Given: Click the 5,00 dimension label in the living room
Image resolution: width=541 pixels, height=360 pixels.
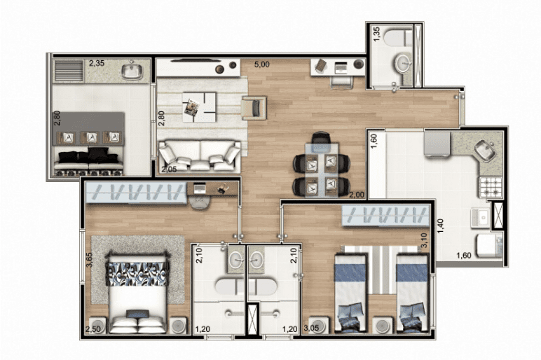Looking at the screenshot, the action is tap(262, 64).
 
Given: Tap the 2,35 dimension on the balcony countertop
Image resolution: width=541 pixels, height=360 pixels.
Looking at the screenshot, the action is tap(97, 63).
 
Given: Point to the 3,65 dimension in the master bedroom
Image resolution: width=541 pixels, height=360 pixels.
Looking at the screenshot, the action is tap(89, 260).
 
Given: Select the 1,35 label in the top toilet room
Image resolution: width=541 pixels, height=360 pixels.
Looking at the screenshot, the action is tap(376, 34).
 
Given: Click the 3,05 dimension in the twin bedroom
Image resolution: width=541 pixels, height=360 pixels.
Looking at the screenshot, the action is tap(312, 328).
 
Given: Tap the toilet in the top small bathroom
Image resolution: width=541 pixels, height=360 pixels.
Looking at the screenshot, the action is tap(398, 38).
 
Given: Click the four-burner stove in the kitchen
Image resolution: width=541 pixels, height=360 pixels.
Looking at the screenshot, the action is tap(491, 187).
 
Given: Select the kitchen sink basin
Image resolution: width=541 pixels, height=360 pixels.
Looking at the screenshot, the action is tap(485, 151).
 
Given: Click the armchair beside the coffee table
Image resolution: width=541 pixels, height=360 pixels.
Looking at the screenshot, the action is tap(254, 108).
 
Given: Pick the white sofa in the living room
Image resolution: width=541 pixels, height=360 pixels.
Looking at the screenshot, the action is tap(200, 155).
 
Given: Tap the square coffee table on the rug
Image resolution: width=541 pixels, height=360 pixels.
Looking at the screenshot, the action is tap(200, 107).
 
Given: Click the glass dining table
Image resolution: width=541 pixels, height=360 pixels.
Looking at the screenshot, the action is tap(321, 169).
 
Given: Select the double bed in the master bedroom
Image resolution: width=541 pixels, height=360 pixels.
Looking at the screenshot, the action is tap(137, 293).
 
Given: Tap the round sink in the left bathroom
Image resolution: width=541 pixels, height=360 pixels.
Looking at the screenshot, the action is tap(236, 257).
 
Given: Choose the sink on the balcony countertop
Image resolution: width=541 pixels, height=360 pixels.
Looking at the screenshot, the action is tap(132, 70).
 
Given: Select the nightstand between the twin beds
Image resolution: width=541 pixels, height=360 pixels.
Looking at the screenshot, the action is tap(383, 325).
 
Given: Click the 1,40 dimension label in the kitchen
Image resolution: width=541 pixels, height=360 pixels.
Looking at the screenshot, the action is tap(441, 226).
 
